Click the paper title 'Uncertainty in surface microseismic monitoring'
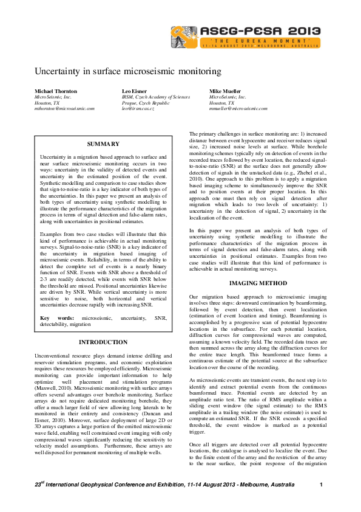pyautogui.click(x=127, y=71)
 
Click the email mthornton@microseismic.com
pyautogui.click(x=65, y=108)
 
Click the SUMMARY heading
pyautogui.click(x=103, y=144)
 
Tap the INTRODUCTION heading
pyautogui.click(x=103, y=342)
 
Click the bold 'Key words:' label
pyautogui.click(x=53, y=318)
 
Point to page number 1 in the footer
pyautogui.click(x=321, y=485)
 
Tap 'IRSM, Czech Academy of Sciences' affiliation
pyautogui.click(x=155, y=97)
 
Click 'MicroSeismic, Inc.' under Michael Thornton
pyautogui.click(x=53, y=97)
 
